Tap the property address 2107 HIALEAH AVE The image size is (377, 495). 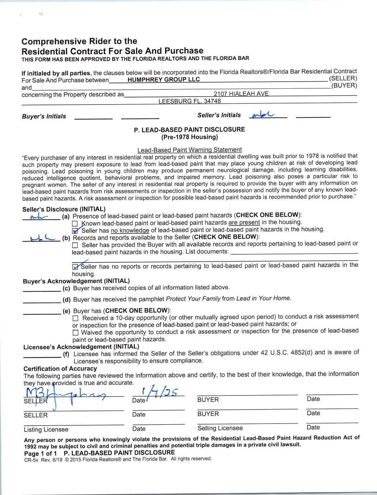[x=241, y=94]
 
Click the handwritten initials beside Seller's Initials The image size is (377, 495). [x=263, y=115]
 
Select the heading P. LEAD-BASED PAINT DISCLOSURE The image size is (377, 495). [x=189, y=129]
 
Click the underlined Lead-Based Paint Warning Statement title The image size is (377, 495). [x=189, y=149]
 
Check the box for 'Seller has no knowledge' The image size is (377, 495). [x=75, y=230]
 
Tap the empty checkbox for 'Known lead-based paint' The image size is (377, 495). [x=75, y=223]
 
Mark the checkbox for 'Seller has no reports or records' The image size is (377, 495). [x=75, y=267]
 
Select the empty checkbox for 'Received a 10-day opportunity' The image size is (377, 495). [x=75, y=319]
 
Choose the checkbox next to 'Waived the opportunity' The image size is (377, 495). [x=75, y=333]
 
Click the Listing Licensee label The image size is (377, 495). [x=46, y=429]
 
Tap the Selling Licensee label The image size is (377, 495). [x=220, y=428]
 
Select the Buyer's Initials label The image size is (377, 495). [x=44, y=116]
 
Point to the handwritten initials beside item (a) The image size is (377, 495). [x=39, y=217]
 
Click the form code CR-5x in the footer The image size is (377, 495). [x=28, y=459]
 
